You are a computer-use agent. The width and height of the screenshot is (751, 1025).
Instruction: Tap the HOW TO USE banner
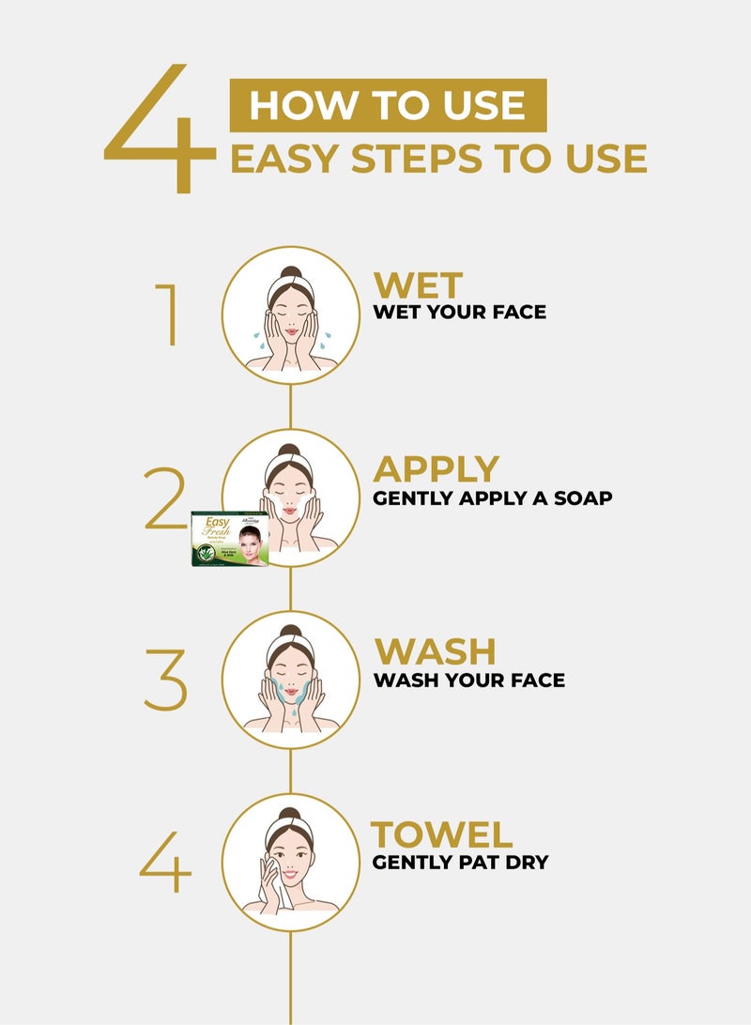point(388,105)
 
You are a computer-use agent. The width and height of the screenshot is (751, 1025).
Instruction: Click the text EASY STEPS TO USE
point(438,159)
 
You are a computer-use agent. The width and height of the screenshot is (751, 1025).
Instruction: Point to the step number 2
point(166,497)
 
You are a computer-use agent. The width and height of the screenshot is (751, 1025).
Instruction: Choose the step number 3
point(165,679)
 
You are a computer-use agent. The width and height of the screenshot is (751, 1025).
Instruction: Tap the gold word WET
point(419,285)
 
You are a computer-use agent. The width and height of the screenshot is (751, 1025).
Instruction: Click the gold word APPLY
point(437,469)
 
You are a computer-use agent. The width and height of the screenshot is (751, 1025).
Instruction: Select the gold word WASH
point(436,651)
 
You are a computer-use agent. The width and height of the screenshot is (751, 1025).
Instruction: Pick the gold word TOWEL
point(442,834)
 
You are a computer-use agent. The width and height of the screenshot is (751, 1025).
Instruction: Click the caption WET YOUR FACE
point(459,312)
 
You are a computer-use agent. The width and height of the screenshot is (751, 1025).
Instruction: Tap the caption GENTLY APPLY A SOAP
point(492,497)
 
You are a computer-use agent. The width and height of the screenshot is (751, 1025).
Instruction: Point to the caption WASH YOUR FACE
point(469,679)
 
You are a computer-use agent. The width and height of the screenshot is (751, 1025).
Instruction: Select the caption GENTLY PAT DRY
point(460,862)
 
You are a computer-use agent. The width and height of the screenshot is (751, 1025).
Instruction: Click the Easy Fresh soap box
point(230,538)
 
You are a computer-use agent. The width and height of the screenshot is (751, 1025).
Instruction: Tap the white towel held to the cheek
point(274,882)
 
